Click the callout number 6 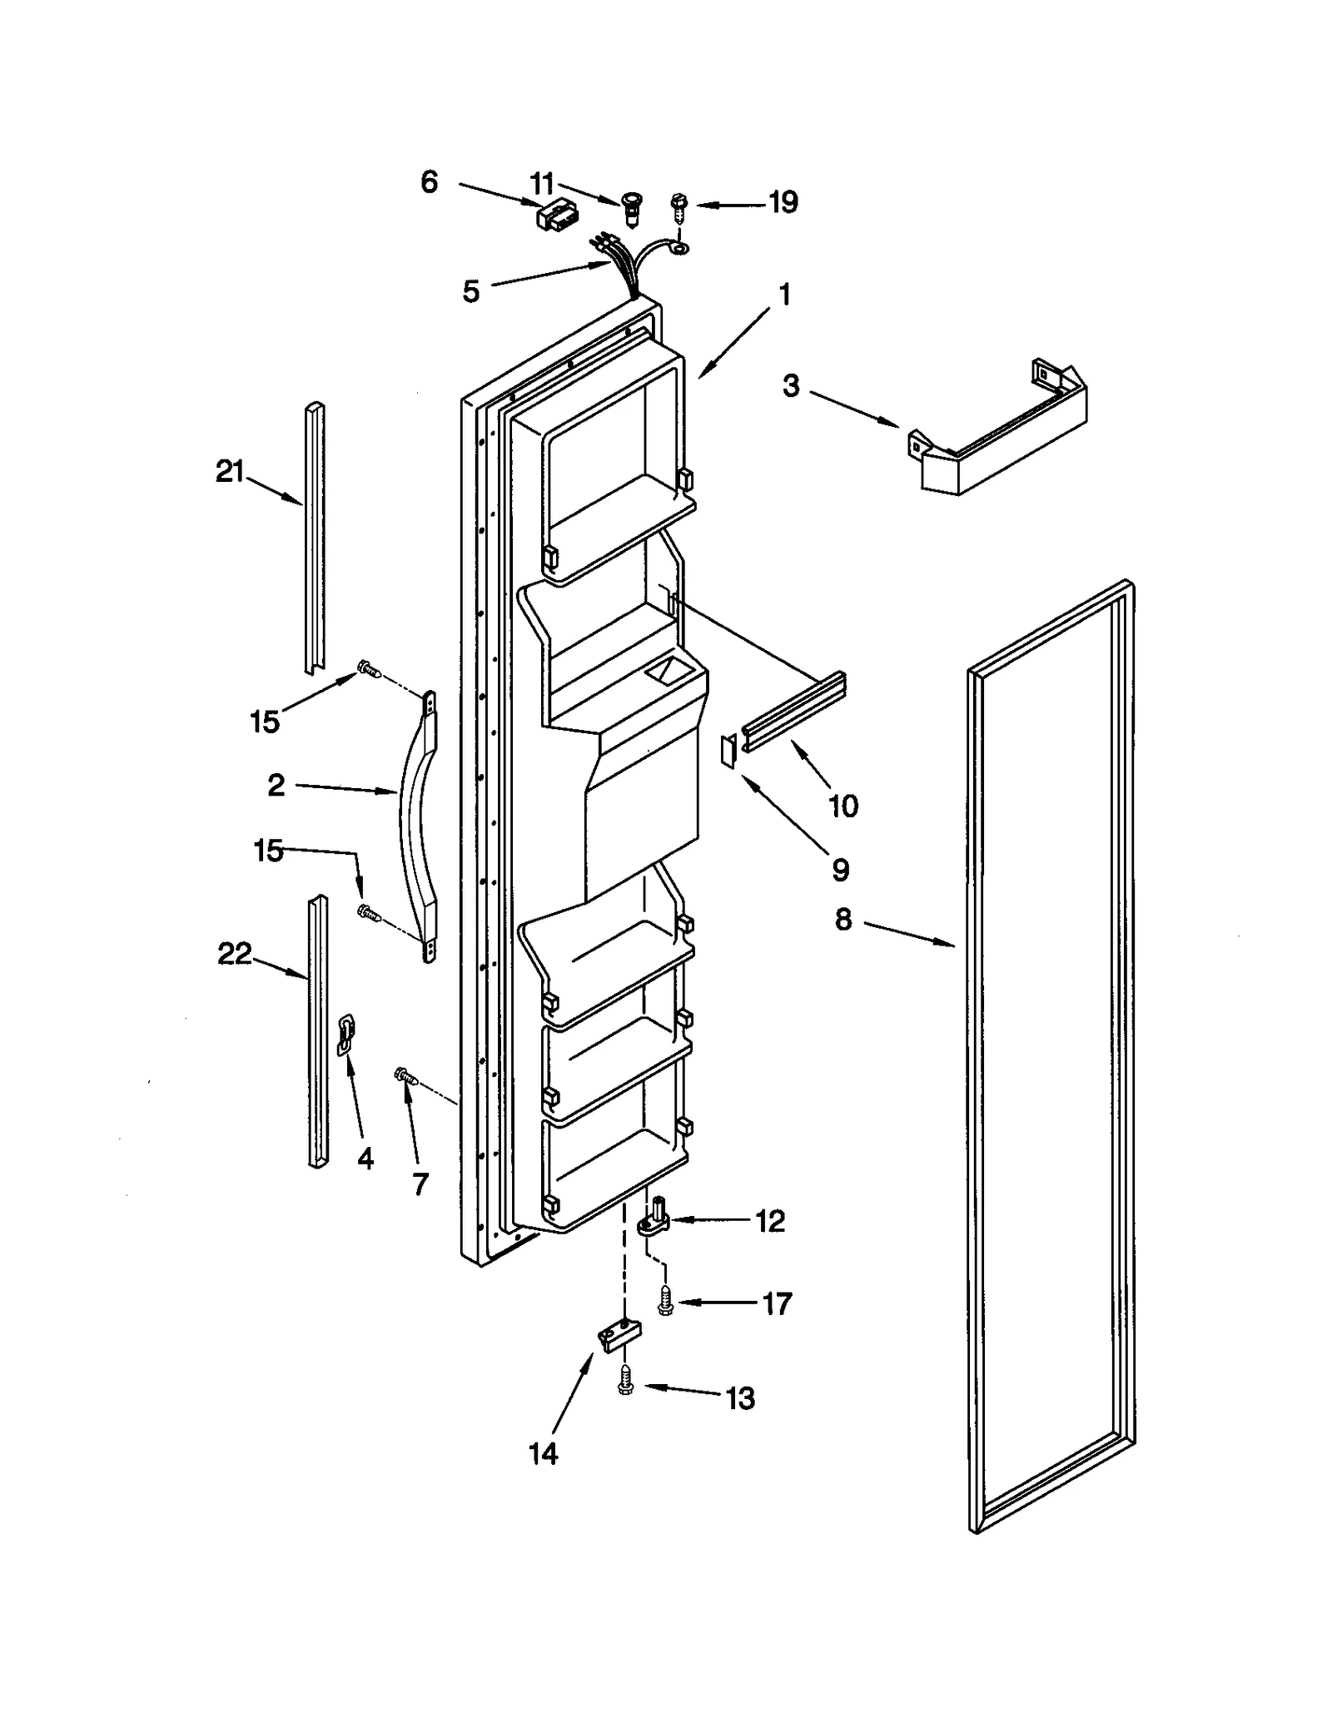click(429, 181)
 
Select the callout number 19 click(783, 202)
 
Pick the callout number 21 click(230, 472)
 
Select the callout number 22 click(234, 954)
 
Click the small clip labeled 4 click(345, 1035)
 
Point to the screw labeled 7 click(405, 1077)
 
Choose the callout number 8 click(843, 920)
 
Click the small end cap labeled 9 click(728, 752)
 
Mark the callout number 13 click(740, 1398)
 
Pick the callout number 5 click(471, 291)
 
